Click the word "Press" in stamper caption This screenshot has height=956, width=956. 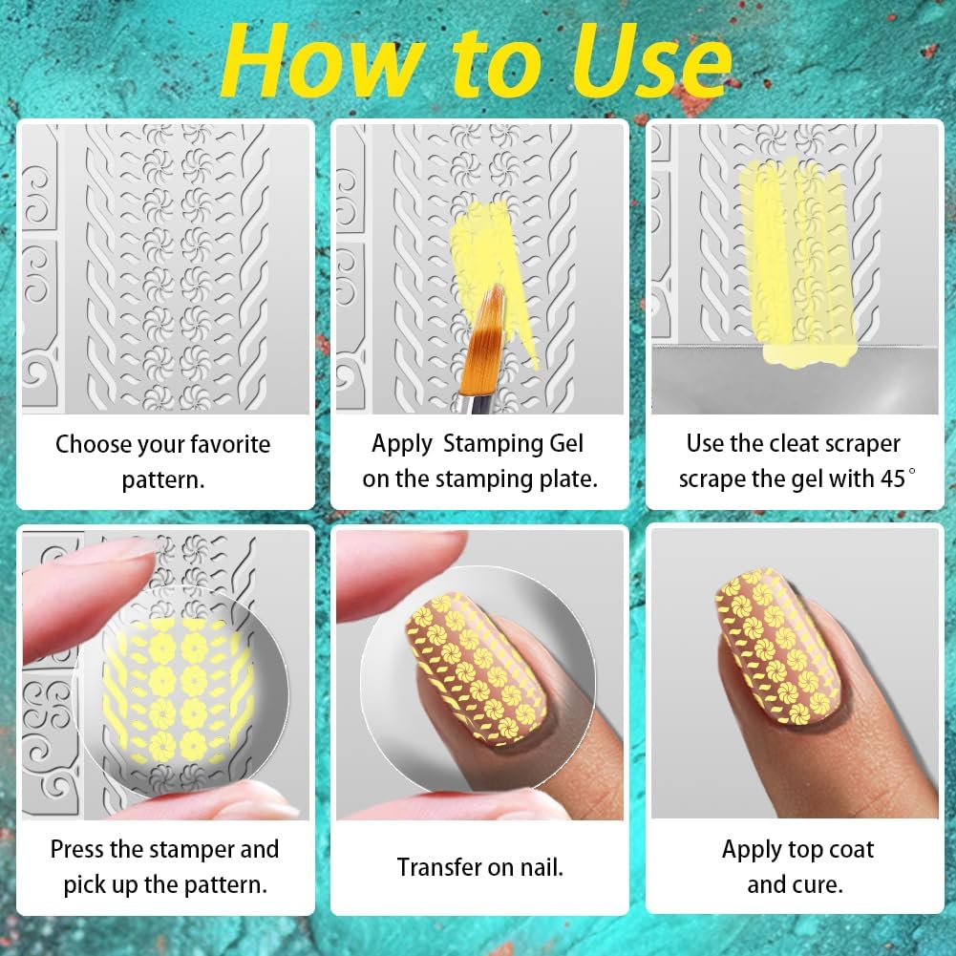pos(81,849)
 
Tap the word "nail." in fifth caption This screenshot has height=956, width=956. pos(541,867)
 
